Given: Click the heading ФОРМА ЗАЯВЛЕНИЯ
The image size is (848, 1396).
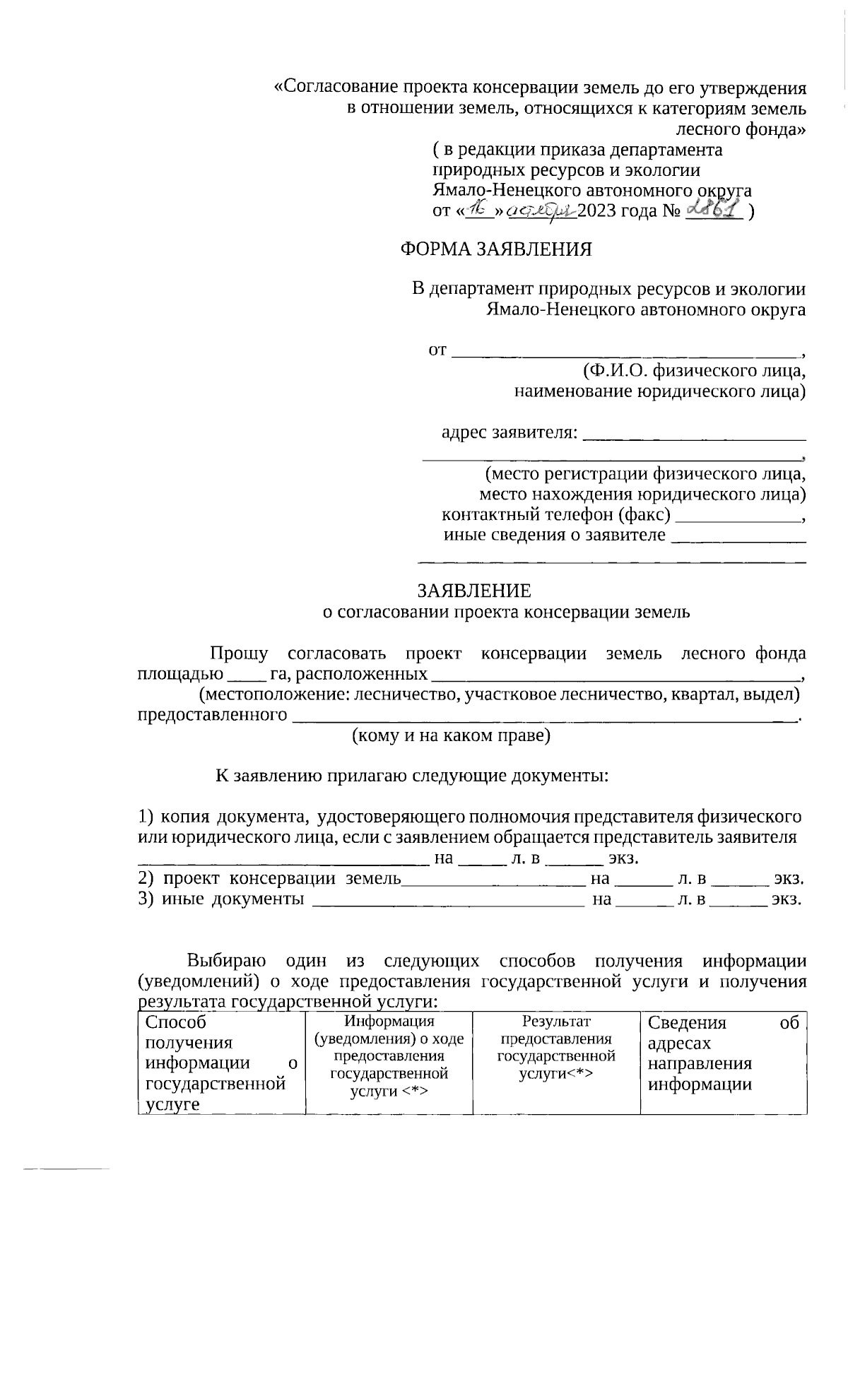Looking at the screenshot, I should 496,249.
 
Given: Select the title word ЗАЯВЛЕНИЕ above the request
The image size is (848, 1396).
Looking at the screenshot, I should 473,591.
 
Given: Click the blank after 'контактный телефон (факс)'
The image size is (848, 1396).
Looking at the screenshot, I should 738,516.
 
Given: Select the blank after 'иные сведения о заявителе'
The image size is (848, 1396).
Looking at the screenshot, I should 738,536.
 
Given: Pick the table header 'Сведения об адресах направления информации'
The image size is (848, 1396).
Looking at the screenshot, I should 723,1053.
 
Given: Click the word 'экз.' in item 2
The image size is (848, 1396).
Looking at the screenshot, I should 789,880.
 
